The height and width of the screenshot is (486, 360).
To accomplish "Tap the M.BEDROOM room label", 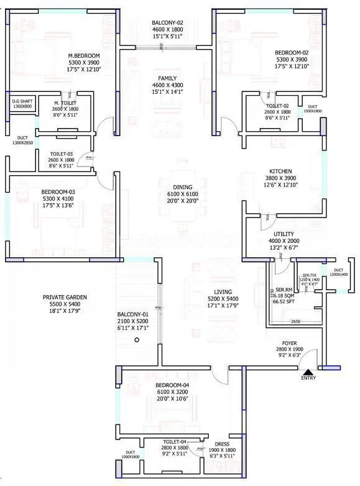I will pyautogui.click(x=84, y=55).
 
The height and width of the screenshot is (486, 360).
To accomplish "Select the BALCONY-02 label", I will pyautogui.click(x=167, y=23).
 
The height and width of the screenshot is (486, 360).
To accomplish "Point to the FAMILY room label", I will pyautogui.click(x=168, y=78).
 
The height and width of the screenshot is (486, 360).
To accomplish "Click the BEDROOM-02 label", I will pyautogui.click(x=293, y=52).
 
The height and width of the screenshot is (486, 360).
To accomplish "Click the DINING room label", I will pyautogui.click(x=183, y=187).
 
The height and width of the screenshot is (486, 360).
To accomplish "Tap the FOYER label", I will pyautogui.click(x=290, y=342).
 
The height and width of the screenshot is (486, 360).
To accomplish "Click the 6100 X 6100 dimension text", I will pyautogui.click(x=183, y=194).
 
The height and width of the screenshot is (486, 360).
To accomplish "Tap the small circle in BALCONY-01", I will pyautogui.click(x=137, y=340).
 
